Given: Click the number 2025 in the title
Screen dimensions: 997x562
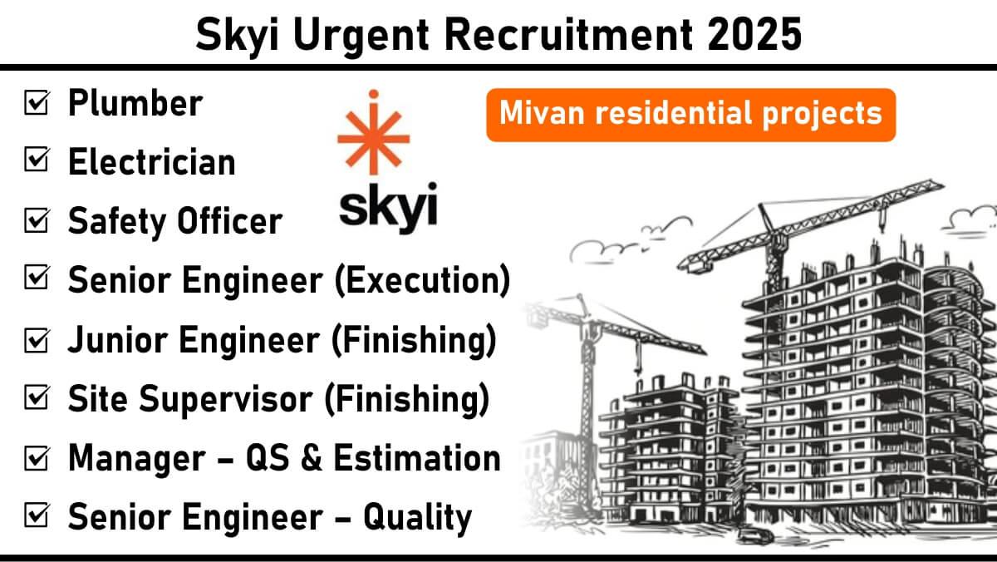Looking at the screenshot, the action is pos(754,34).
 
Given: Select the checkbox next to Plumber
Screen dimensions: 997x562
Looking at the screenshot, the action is pos(37,102).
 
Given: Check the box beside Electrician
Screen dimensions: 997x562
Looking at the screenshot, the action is pos(37,159).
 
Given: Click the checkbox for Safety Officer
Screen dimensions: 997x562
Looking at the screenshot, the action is pos(37,219).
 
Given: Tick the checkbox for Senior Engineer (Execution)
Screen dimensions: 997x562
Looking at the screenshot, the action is pos(37,277).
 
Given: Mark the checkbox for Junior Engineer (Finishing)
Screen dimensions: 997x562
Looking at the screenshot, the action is pos(37,340).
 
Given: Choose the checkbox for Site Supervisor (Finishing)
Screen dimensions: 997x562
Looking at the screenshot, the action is pos(37,397).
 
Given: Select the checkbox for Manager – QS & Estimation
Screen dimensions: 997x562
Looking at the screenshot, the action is pos(37,457).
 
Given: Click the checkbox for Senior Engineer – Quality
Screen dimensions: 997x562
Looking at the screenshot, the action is pos(37,515).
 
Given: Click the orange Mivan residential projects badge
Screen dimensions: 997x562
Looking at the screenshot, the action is pos(690,115).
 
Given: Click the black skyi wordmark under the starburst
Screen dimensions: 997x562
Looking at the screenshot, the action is pos(389,208).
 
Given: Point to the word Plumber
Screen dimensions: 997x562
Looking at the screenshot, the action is pos(135,103).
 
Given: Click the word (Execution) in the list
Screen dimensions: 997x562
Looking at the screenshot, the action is pos(422,280).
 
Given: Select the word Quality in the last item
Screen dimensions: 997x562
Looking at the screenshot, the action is pos(417,518).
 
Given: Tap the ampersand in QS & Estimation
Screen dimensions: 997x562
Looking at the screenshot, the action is pos(311,458).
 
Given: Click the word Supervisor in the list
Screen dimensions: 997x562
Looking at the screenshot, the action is pos(226,400).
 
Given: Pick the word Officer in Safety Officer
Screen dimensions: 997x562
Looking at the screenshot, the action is pos(229,221).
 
